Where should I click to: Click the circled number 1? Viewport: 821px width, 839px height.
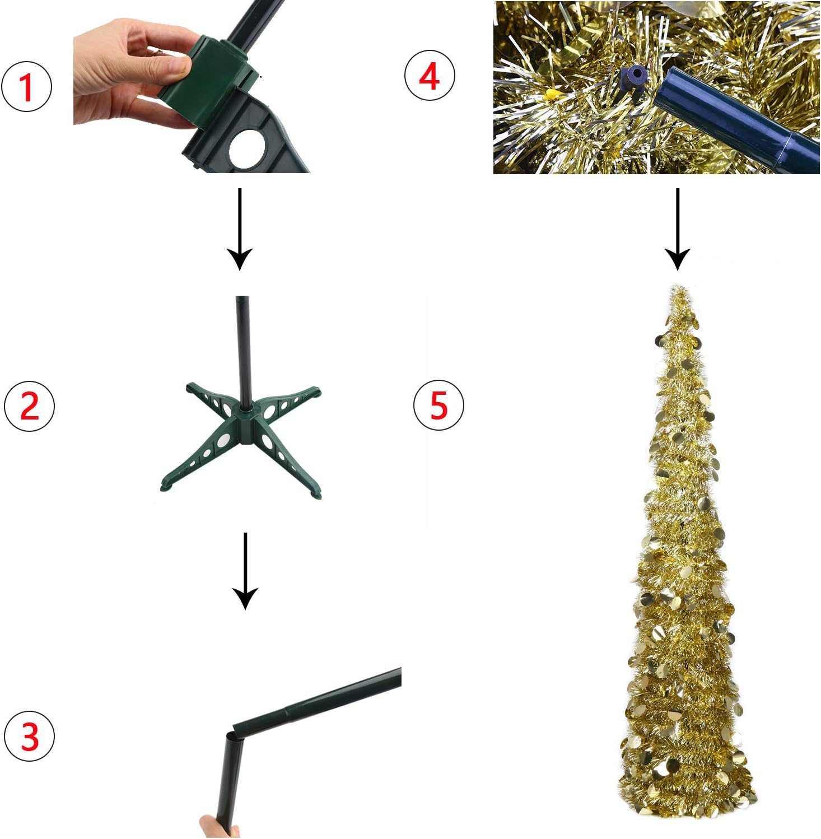[x=27, y=87]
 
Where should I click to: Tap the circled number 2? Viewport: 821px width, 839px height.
[x=30, y=406]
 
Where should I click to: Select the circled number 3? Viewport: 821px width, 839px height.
[x=30, y=736]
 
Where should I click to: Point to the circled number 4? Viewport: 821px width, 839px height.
[x=430, y=76]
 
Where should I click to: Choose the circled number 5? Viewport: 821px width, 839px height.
[x=439, y=405]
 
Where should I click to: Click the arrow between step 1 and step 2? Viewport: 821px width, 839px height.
[x=240, y=230]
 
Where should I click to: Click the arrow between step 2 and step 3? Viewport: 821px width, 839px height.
[x=245, y=571]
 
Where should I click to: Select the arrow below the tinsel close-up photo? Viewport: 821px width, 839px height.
[x=678, y=230]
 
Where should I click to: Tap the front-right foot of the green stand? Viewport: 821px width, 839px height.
[x=315, y=493]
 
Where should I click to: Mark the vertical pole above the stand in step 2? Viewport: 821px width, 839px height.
[x=242, y=347]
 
